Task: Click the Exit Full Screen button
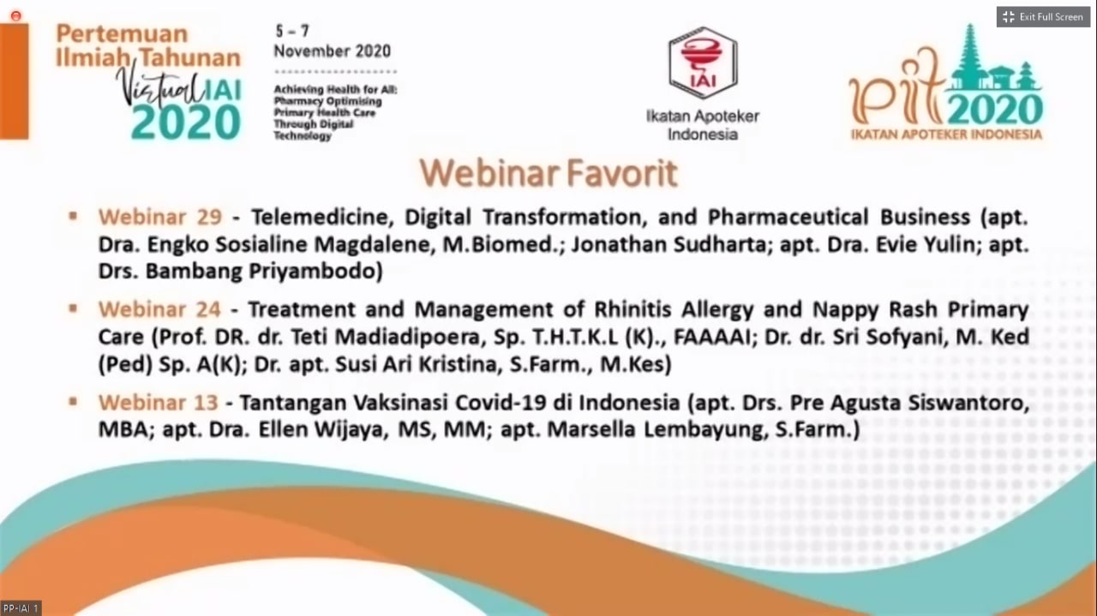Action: point(1043,17)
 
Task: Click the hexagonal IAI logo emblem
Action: point(703,63)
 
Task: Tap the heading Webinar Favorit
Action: point(548,173)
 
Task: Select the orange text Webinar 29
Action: point(160,217)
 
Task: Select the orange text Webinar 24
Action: point(159,309)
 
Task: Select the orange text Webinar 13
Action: point(159,403)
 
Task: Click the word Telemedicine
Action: point(323,218)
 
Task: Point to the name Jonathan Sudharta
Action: point(668,244)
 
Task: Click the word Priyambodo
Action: point(315,272)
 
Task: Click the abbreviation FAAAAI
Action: point(712,338)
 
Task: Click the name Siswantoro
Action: point(968,404)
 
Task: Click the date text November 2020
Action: point(332,51)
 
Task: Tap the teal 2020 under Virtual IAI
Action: point(186,122)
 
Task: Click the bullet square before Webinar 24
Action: point(74,309)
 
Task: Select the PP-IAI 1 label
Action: point(20,608)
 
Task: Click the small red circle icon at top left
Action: point(15,16)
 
